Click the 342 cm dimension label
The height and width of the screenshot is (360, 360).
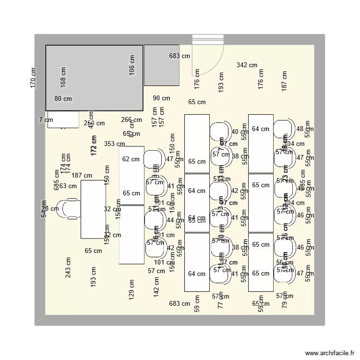click(x=247, y=65)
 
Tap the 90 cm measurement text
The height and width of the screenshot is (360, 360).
click(x=161, y=98)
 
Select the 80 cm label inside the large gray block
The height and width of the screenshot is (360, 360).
click(x=63, y=99)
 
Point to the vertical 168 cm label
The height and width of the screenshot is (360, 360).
click(x=63, y=77)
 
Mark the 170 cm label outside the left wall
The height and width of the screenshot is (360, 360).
click(x=33, y=77)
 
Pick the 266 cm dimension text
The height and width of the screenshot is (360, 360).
click(x=131, y=120)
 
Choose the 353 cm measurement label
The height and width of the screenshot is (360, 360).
click(x=114, y=144)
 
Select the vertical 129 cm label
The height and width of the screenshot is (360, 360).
click(x=132, y=290)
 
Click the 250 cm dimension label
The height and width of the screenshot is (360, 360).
click(x=94, y=123)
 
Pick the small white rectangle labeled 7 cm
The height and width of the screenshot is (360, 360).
click(x=63, y=120)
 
